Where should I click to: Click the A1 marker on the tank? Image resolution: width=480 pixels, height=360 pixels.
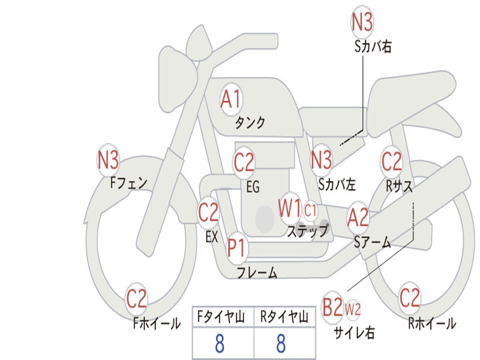[232, 99]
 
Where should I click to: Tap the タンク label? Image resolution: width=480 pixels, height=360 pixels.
[250, 122]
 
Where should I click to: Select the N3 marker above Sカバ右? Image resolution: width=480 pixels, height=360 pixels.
[362, 22]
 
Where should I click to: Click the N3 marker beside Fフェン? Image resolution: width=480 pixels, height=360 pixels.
[108, 160]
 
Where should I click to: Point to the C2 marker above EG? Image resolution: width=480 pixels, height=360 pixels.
[244, 162]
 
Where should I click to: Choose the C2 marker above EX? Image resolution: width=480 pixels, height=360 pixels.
[209, 212]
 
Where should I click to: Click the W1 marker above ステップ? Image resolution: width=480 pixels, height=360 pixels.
[290, 209]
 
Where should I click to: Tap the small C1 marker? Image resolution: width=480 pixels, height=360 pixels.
[310, 210]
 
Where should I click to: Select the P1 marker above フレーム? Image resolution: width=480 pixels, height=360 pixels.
[237, 247]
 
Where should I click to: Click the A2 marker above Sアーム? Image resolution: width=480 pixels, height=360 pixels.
[358, 217]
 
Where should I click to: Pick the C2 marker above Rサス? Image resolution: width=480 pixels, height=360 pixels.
[391, 162]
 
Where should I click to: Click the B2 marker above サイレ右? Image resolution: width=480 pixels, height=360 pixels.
[333, 307]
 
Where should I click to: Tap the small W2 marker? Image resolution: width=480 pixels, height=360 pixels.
[352, 309]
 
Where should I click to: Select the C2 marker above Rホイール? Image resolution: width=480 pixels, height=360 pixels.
[410, 298]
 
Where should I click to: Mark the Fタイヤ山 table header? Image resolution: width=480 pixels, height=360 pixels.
[221, 317]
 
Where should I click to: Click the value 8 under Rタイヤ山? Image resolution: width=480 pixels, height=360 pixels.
[281, 343]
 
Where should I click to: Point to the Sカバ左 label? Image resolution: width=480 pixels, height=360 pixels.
[337, 184]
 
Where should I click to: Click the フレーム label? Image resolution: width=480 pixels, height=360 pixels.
[257, 272]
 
